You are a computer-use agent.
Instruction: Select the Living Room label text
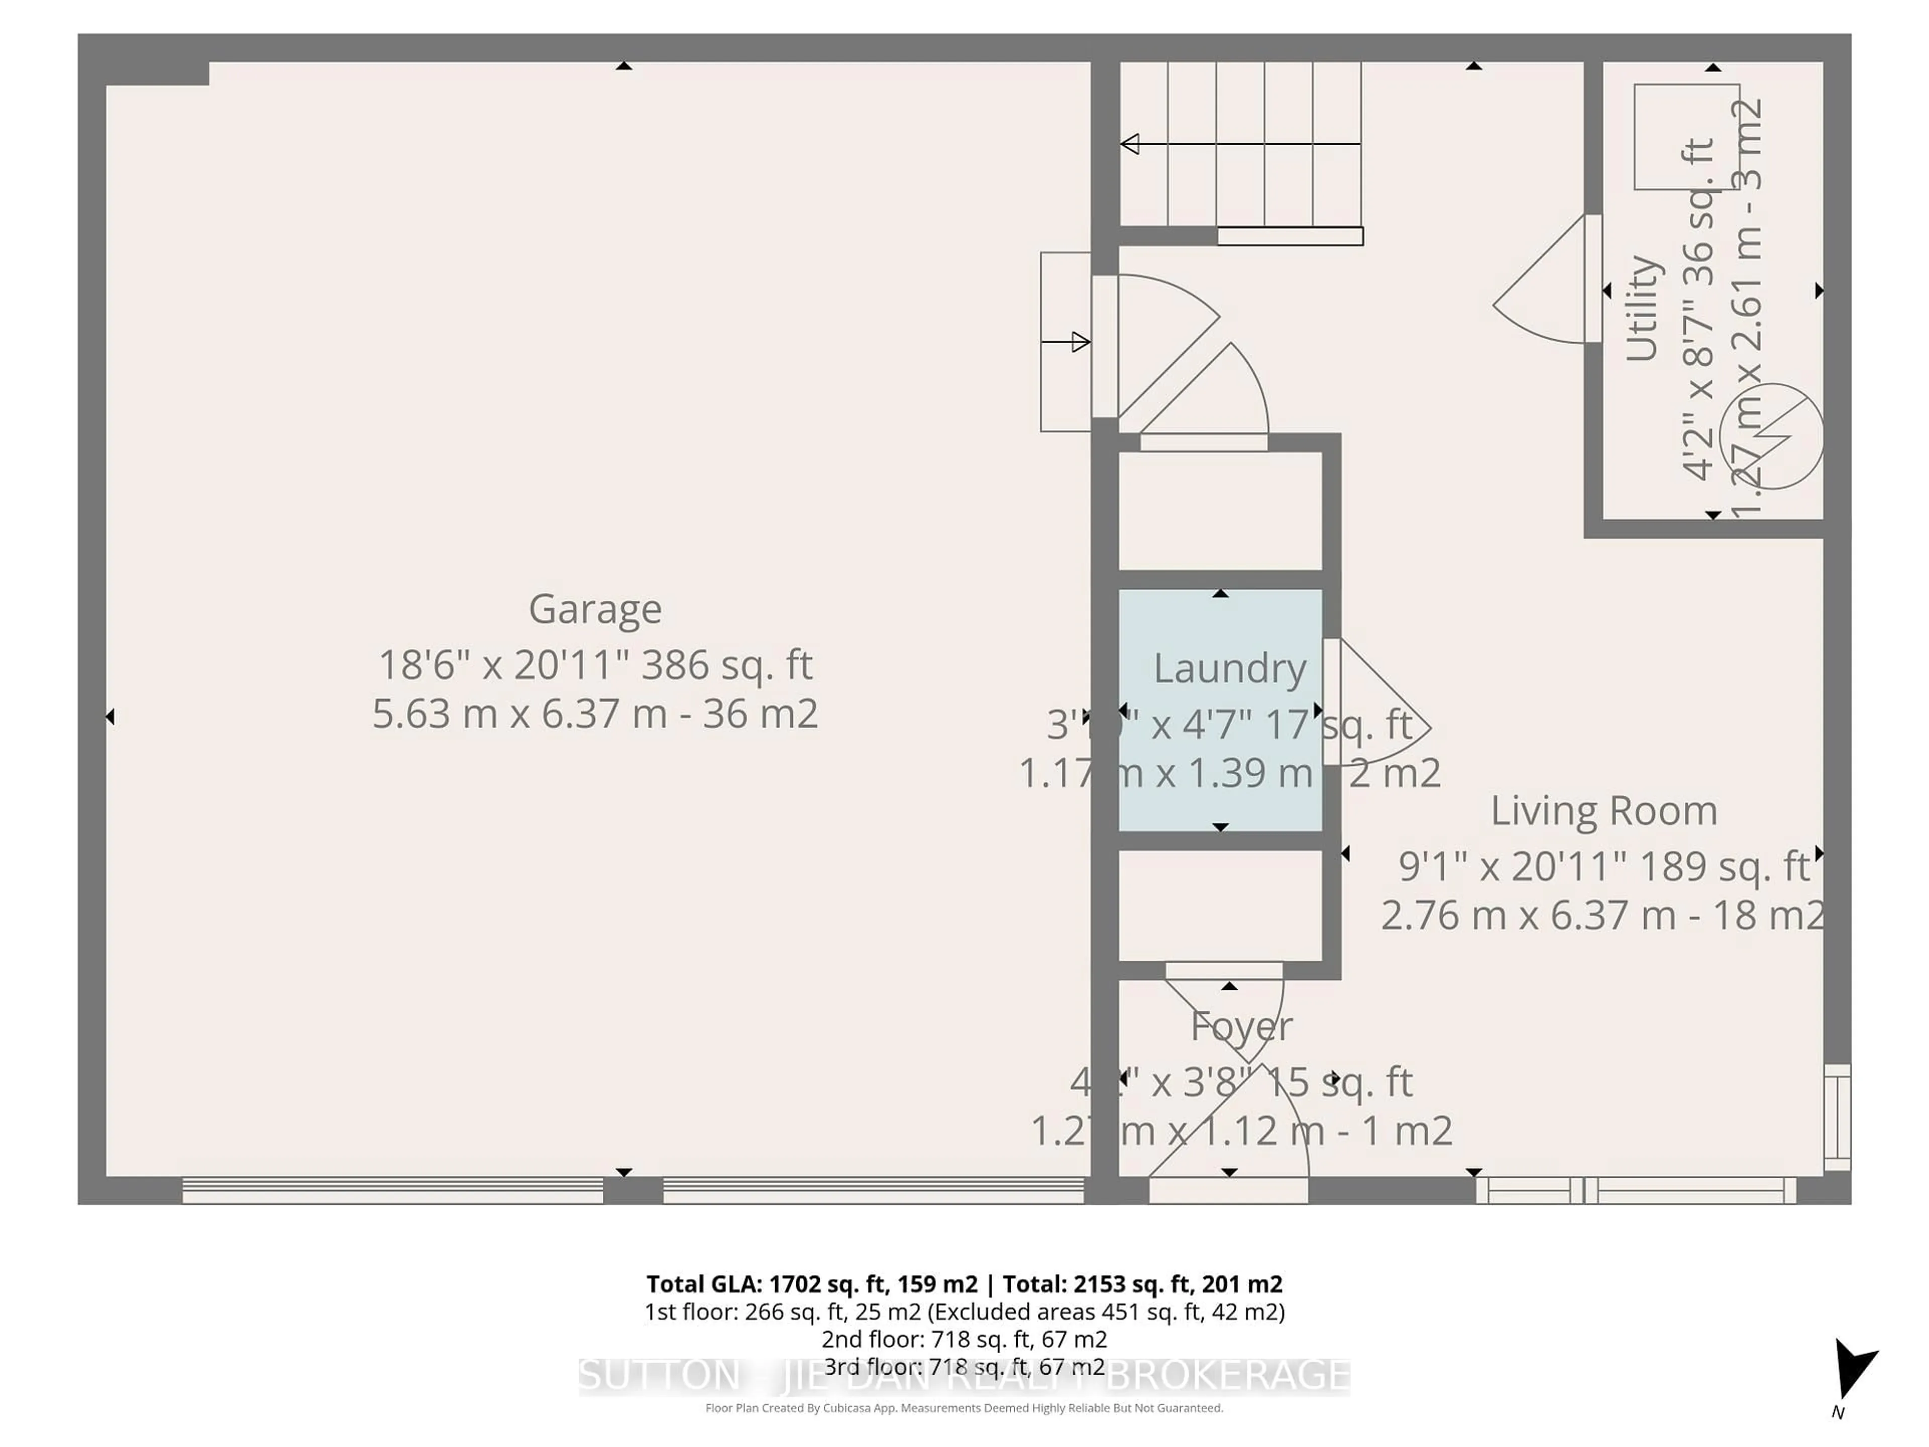pos(1603,811)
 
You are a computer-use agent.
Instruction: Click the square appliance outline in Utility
pos(1686,137)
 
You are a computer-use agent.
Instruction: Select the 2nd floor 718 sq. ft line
pos(963,1339)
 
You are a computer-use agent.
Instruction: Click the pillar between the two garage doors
pos(632,1190)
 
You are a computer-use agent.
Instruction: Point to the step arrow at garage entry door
pos(1065,342)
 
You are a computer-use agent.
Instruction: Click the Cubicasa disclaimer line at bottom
pos(963,1408)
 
